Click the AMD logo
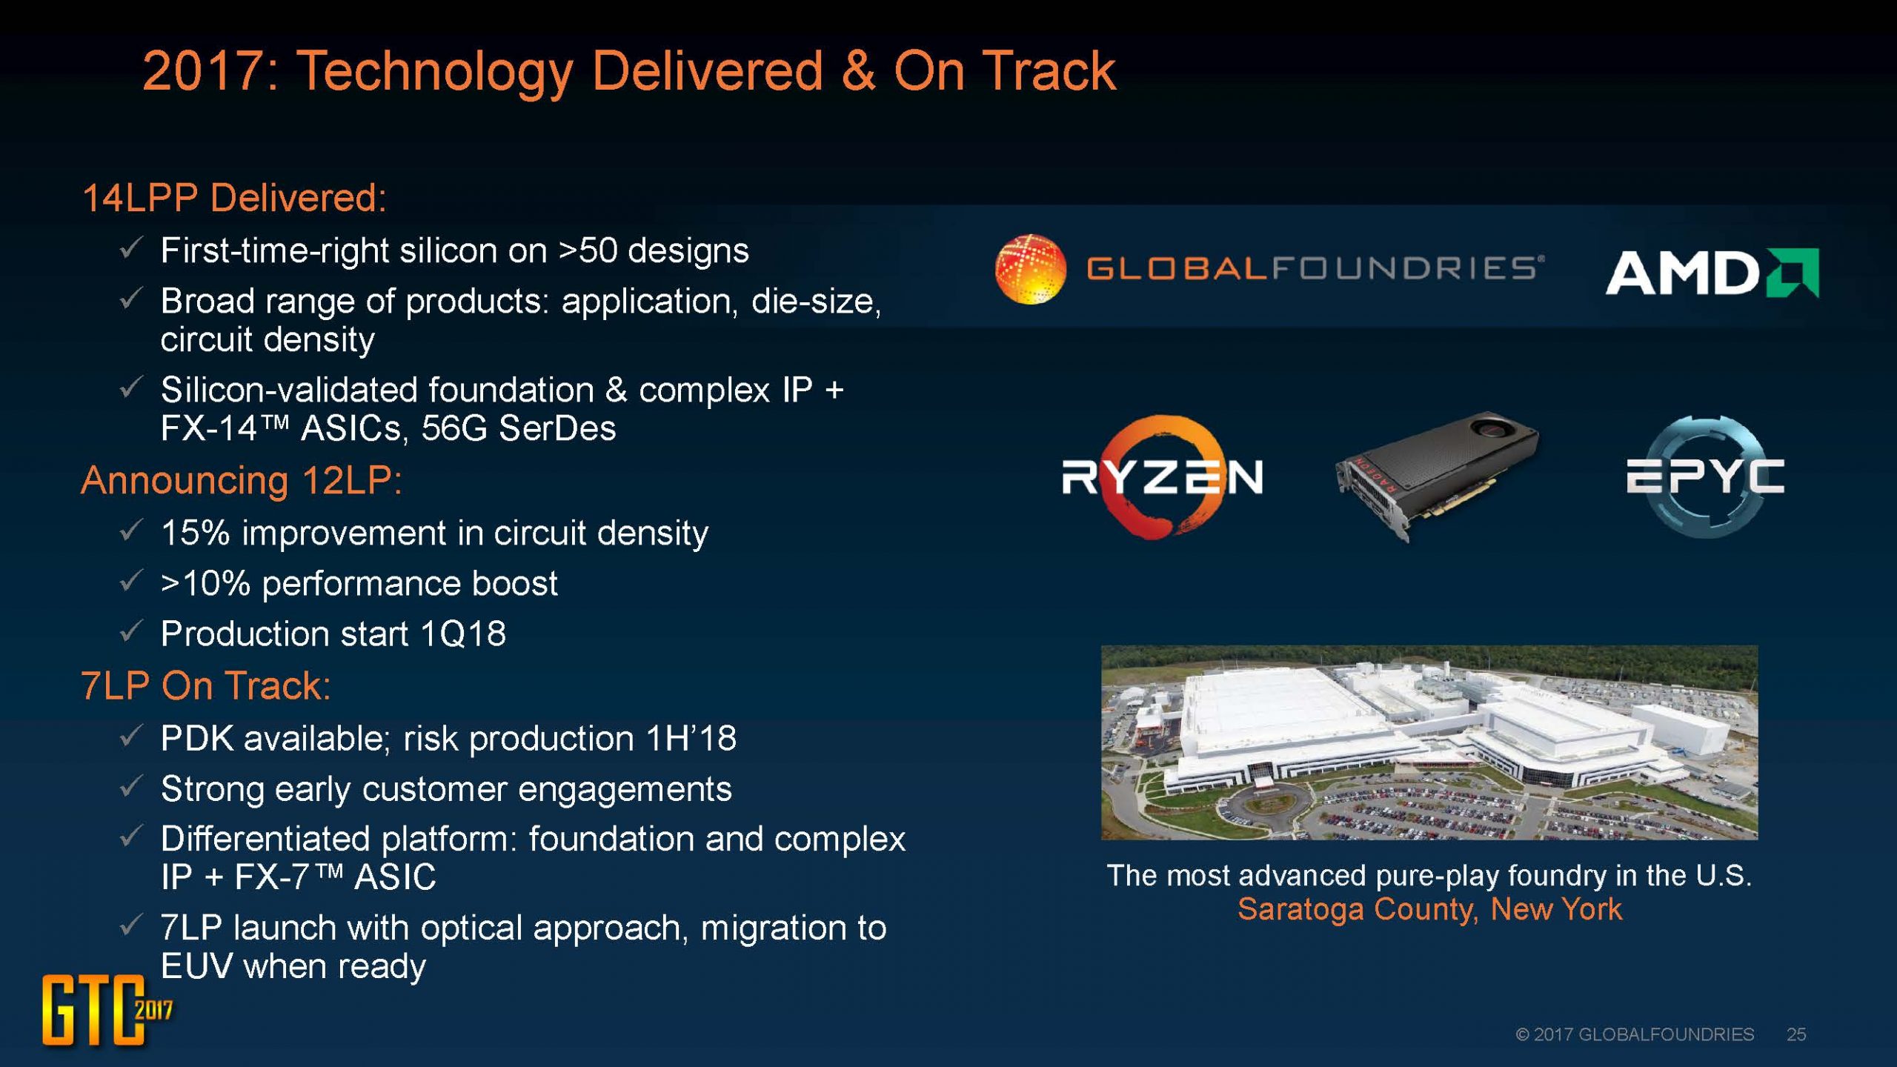point(1712,273)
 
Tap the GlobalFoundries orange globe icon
point(1031,269)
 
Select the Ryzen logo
point(1162,476)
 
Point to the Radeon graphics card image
point(1436,474)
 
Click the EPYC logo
point(1705,476)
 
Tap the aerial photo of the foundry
point(1429,742)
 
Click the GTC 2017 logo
point(107,1010)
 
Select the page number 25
point(1796,1034)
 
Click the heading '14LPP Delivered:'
point(234,198)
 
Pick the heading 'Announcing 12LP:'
point(242,480)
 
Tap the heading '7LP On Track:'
point(205,685)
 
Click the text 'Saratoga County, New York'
point(1429,909)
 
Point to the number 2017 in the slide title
point(211,71)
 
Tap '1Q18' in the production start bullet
point(462,634)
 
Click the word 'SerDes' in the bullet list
point(557,428)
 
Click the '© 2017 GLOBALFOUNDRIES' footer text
point(1635,1034)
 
